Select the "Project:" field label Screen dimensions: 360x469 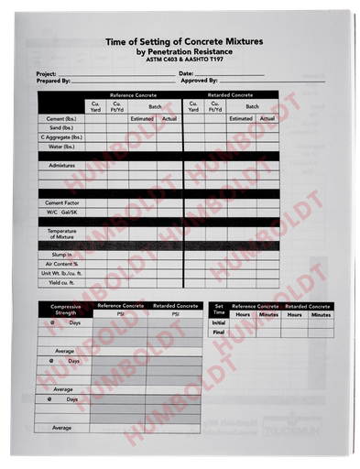coord(46,73)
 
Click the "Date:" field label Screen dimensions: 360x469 coord(186,73)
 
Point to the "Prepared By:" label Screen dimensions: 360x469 coord(53,82)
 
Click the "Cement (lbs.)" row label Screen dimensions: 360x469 coord(61,118)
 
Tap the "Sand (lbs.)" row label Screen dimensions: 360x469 coord(61,127)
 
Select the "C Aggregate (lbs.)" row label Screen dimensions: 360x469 coord(61,136)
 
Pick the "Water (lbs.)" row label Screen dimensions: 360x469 coord(61,146)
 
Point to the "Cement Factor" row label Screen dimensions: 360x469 coord(61,202)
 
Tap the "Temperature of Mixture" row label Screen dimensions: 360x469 coord(61,233)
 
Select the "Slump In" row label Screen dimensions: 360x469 coord(61,254)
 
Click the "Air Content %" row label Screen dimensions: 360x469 coord(61,263)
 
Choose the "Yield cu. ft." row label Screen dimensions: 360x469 coord(61,281)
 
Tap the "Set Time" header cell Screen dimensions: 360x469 coord(219,309)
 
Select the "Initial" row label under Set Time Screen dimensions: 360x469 coord(219,322)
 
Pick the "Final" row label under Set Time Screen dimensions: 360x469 coord(219,333)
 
